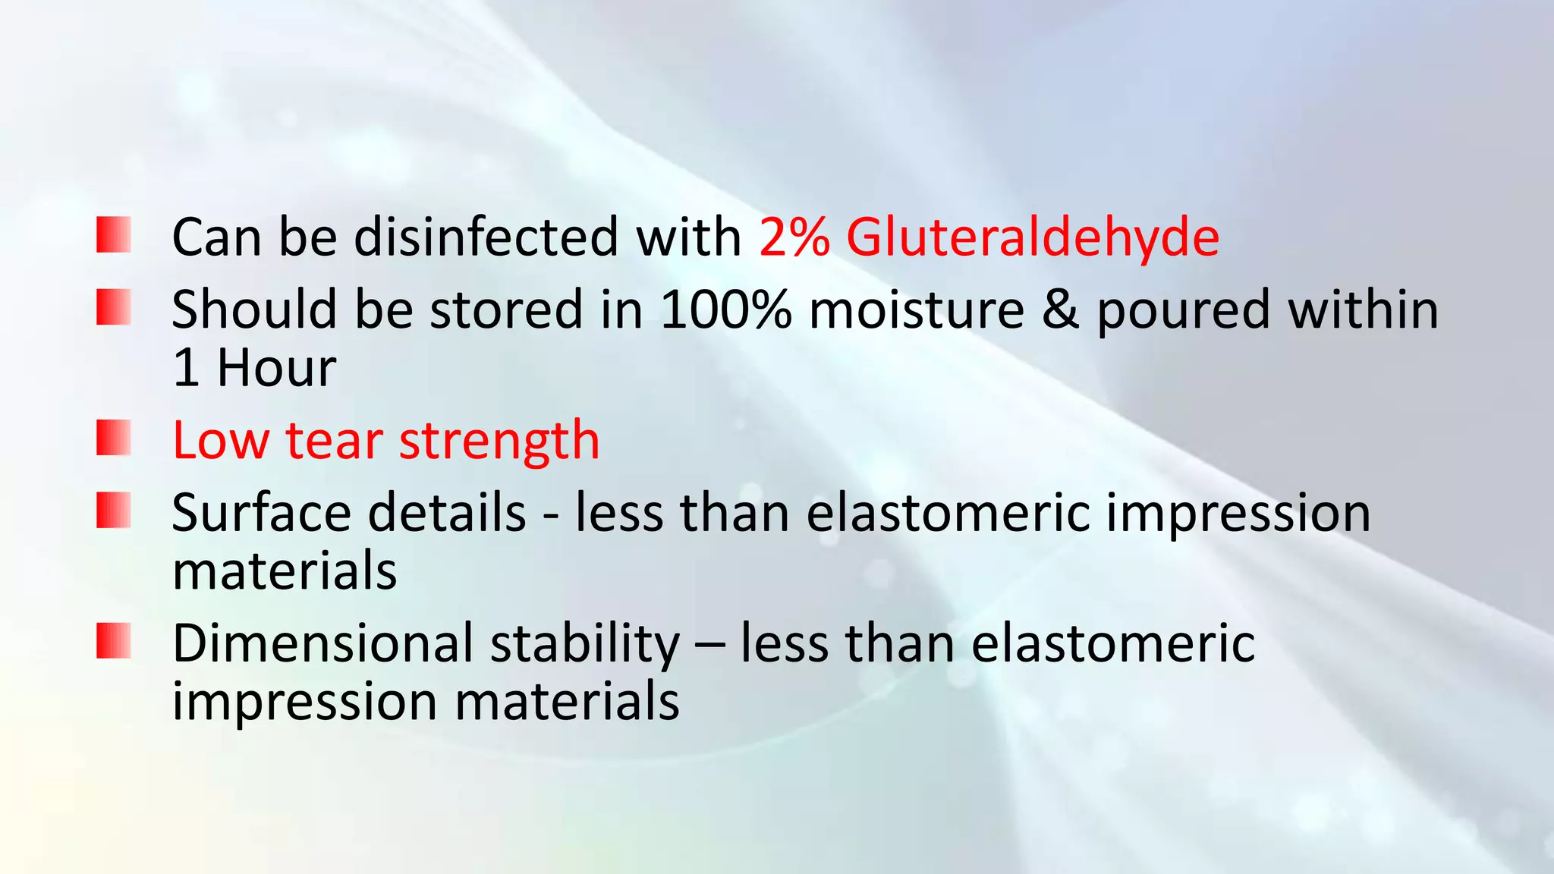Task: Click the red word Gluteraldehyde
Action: point(1032,238)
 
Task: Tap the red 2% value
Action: point(794,237)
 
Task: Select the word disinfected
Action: point(486,237)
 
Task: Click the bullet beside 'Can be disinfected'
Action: point(114,234)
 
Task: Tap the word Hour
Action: point(276,368)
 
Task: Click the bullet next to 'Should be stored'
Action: point(114,307)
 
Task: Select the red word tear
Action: point(334,441)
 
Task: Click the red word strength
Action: point(499,442)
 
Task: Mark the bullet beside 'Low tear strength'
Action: point(114,438)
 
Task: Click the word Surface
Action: point(261,513)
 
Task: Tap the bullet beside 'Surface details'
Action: point(114,510)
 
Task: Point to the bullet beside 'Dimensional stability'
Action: point(114,640)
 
